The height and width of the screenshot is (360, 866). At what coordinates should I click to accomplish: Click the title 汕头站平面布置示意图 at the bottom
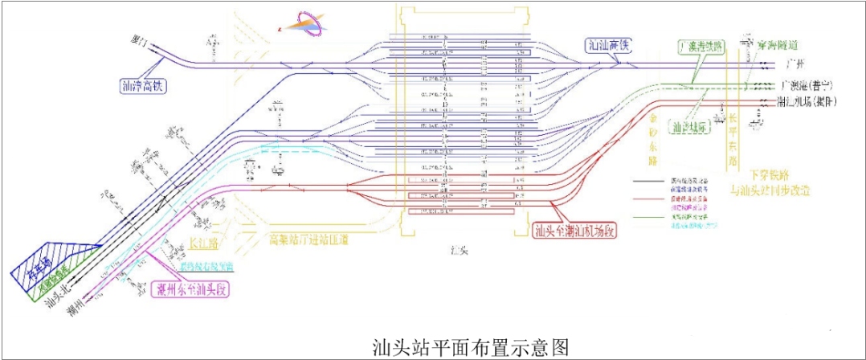471,347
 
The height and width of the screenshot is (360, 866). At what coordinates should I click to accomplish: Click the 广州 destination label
794,63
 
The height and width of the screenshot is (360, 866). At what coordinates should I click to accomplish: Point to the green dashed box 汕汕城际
692,126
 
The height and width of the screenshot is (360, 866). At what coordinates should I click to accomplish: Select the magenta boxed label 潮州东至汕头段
192,288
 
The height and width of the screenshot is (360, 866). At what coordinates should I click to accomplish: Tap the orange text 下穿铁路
770,174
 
